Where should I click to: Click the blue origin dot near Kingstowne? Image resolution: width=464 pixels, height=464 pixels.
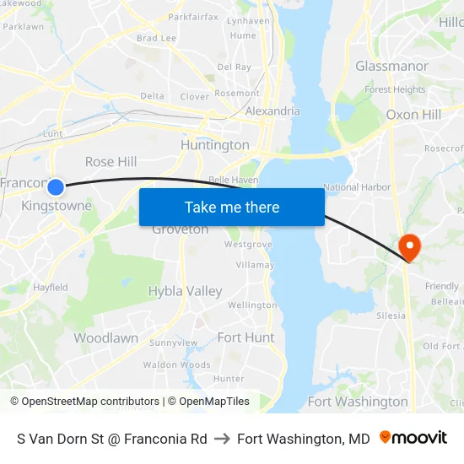(56, 186)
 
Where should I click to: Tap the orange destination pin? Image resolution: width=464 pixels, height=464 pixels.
(409, 247)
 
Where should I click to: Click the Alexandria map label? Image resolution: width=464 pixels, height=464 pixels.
(272, 111)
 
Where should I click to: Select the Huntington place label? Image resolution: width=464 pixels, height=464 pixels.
(215, 145)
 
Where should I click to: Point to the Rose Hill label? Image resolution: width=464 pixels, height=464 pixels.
(111, 161)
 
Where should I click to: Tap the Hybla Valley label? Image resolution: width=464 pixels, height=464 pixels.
(185, 291)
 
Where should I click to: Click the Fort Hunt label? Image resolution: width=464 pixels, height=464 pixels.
(245, 337)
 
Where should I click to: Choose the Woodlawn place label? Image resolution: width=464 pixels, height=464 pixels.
(105, 337)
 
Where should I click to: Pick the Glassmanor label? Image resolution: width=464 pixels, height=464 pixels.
(391, 66)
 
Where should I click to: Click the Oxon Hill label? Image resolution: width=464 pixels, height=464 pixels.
(413, 114)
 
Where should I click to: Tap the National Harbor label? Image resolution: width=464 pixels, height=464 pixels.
(357, 187)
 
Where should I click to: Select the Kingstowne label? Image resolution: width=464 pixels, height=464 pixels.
(57, 206)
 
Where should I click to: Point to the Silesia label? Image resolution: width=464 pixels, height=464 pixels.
(391, 316)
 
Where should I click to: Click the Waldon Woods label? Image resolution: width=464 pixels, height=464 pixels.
(176, 364)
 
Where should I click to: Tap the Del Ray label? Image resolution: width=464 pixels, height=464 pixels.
(234, 67)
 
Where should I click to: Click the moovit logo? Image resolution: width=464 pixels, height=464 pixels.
(413, 438)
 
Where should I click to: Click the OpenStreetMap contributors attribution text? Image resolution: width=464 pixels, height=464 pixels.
(85, 402)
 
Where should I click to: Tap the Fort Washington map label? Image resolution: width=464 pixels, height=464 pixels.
(358, 402)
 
